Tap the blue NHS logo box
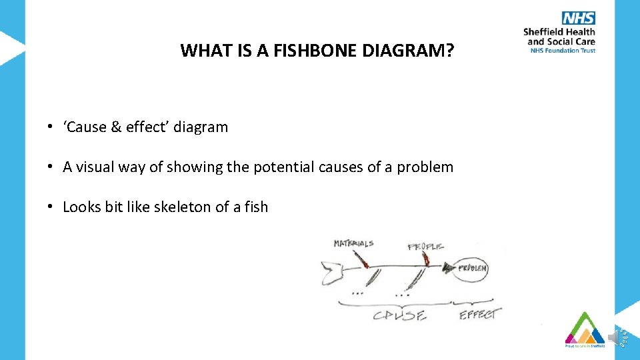[x=578, y=18]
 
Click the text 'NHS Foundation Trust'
[x=562, y=50]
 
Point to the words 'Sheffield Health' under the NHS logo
[x=559, y=32]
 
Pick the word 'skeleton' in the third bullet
[x=182, y=207]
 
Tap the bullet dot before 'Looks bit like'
[x=50, y=207]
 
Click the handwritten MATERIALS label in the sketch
[x=353, y=244]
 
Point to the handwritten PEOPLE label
[x=425, y=247]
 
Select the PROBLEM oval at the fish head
[x=472, y=269]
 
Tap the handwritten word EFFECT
[x=478, y=313]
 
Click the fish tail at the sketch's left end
[x=331, y=272]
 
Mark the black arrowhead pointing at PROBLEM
[x=445, y=268]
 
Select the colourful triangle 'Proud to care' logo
[x=585, y=329]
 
